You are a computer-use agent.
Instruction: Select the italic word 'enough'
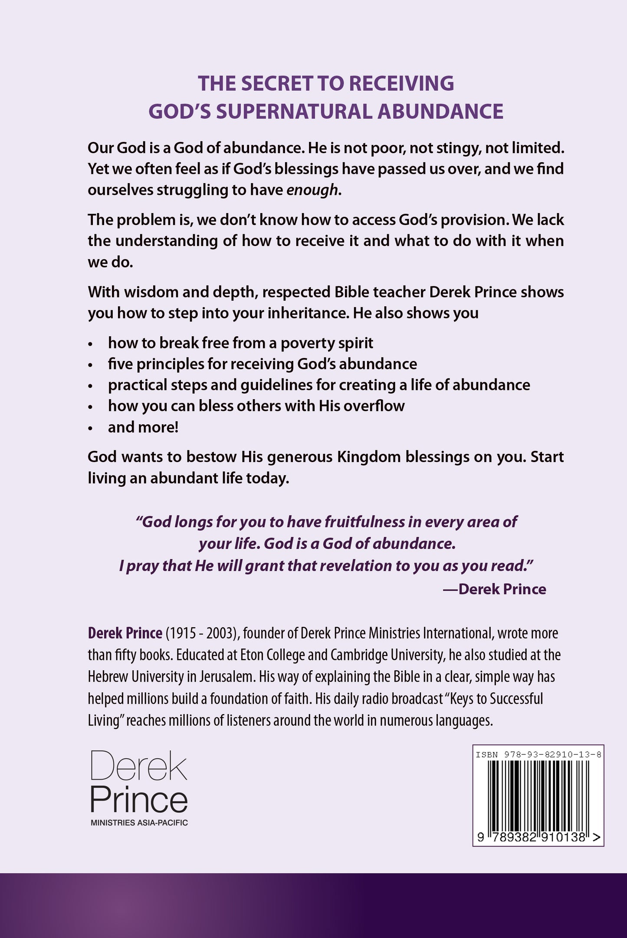pyautogui.click(x=312, y=190)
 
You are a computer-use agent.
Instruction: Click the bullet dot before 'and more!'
pyautogui.click(x=91, y=428)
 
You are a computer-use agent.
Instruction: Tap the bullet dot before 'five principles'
pyautogui.click(x=91, y=365)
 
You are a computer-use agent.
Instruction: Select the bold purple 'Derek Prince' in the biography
pyautogui.click(x=125, y=633)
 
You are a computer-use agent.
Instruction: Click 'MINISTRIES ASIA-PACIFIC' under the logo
pyautogui.click(x=139, y=823)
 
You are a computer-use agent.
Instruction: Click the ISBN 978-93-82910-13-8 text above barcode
pyautogui.click(x=538, y=754)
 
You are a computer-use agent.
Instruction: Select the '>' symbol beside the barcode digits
pyautogui.click(x=597, y=837)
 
